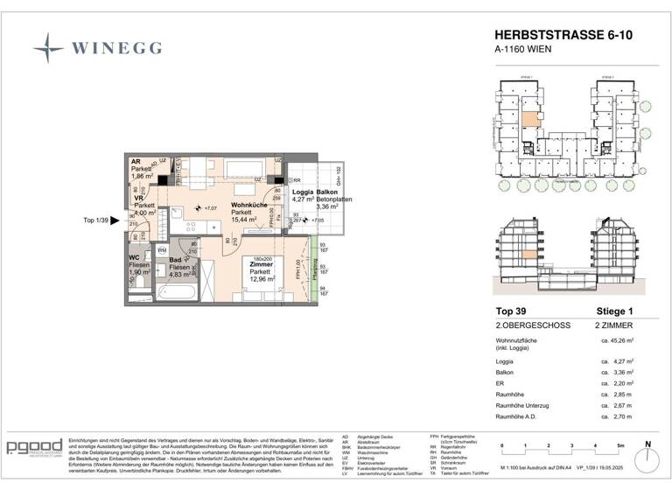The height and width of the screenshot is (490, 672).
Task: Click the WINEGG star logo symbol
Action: (x=48, y=47)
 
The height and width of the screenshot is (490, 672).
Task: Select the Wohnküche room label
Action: (x=248, y=205)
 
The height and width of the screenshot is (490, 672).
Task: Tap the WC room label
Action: (x=136, y=257)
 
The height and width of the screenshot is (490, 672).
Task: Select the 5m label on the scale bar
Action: (x=619, y=445)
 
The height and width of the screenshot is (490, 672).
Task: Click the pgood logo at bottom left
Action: (x=33, y=447)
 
